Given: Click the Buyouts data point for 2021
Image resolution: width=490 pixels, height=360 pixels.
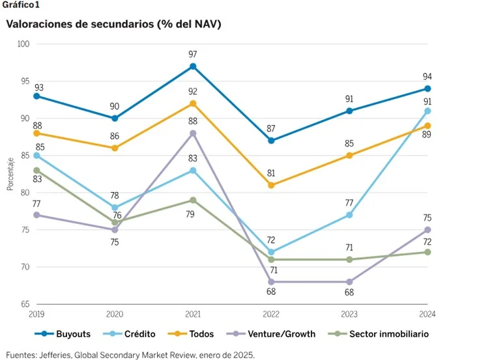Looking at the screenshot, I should click(x=193, y=66).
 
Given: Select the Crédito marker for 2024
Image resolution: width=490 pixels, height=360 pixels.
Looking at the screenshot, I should click(x=427, y=111).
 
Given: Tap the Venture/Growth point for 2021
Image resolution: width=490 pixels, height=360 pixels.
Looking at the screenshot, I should click(x=193, y=133).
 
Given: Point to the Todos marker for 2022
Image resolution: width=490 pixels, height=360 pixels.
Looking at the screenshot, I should click(x=271, y=185).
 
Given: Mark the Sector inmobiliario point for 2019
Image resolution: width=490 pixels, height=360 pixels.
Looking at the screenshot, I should click(x=36, y=171).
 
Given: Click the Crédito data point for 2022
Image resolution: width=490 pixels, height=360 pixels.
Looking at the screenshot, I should click(x=271, y=252).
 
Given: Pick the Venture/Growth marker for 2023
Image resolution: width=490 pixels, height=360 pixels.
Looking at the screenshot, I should click(x=349, y=282).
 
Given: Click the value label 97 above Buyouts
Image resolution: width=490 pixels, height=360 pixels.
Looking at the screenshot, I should click(x=193, y=53).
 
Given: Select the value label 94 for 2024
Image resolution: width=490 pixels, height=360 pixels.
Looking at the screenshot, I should click(x=427, y=76).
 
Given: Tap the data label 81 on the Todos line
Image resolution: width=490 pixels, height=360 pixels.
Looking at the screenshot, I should click(x=271, y=173).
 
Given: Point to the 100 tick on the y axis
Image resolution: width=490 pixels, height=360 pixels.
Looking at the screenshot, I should click(x=23, y=44).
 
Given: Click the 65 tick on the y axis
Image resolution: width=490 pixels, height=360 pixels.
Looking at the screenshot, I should click(x=25, y=304).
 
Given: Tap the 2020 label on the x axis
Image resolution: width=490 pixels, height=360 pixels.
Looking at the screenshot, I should click(x=115, y=314).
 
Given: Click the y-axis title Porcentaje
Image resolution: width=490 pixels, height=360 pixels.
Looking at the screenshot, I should click(x=10, y=174).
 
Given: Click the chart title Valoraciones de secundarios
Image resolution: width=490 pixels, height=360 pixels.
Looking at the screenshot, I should click(x=113, y=24).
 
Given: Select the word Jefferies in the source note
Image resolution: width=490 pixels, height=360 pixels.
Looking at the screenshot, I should click(x=63, y=355).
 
